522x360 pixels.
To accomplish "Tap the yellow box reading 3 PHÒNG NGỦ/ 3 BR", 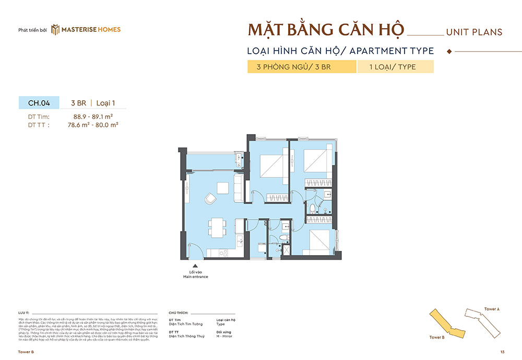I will tap(302, 67).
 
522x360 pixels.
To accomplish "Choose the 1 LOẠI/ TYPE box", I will tap(395, 67).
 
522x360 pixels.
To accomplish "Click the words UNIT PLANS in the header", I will tap(474, 32).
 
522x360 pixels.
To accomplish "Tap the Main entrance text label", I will tap(195, 277).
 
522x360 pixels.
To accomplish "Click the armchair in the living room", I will tap(210, 198).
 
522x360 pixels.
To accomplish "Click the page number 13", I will tap(502, 352).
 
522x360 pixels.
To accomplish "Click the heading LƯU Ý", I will tap(23, 312).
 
